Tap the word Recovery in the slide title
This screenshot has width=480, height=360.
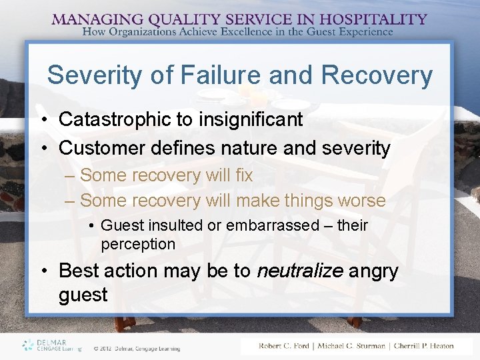[x=377, y=75]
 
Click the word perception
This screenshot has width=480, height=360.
[x=138, y=245]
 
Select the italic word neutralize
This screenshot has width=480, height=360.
[x=298, y=271]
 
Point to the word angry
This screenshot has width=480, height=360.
[x=380, y=271]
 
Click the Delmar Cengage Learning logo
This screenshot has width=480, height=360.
[x=51, y=345]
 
